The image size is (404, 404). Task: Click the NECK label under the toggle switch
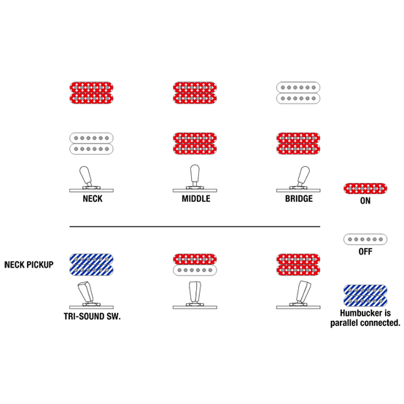pyautogui.click(x=93, y=198)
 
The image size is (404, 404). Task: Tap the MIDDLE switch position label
pyautogui.click(x=196, y=198)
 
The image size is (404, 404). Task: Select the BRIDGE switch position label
pyautogui.click(x=299, y=198)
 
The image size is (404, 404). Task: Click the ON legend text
pyautogui.click(x=365, y=201)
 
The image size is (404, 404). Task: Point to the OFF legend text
pyautogui.click(x=365, y=252)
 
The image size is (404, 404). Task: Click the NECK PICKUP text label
pyautogui.click(x=29, y=265)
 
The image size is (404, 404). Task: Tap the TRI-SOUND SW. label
pyautogui.click(x=92, y=316)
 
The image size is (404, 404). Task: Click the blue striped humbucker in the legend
pyautogui.click(x=365, y=295)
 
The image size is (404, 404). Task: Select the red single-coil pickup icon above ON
pyautogui.click(x=365, y=188)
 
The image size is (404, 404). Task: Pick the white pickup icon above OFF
pyautogui.click(x=365, y=239)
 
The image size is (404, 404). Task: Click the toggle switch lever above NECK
pyautogui.click(x=86, y=176)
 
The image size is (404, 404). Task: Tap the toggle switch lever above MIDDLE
pyautogui.click(x=195, y=175)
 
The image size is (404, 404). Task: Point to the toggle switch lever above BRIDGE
pyautogui.click(x=303, y=176)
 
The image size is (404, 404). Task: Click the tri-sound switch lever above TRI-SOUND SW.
pyautogui.click(x=86, y=292)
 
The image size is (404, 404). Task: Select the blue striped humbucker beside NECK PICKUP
pyautogui.click(x=91, y=265)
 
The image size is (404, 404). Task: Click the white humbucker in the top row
pyautogui.click(x=298, y=93)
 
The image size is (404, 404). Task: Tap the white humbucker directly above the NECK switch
pyautogui.click(x=91, y=144)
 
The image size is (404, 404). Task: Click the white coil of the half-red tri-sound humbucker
pyautogui.click(x=195, y=271)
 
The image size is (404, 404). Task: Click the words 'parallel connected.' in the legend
pyautogui.click(x=365, y=323)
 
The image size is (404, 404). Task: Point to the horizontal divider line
pyautogui.click(x=195, y=227)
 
